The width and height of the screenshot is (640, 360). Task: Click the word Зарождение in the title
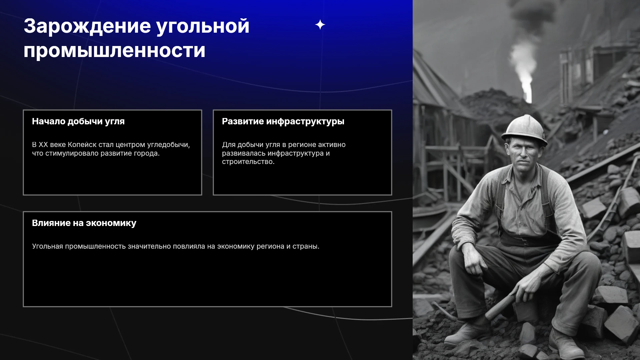pyautogui.click(x=87, y=26)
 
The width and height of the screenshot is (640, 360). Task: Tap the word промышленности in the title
pyautogui.click(x=114, y=51)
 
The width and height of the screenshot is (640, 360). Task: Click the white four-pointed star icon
pyautogui.click(x=320, y=25)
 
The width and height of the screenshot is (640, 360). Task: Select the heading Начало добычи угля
pyautogui.click(x=78, y=122)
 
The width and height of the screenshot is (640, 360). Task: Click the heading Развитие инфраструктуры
pyautogui.click(x=283, y=122)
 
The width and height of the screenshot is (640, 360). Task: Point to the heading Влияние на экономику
pyautogui.click(x=84, y=223)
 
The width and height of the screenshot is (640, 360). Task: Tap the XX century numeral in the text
pyautogui.click(x=43, y=145)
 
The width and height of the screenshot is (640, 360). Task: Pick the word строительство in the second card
pyautogui.click(x=248, y=162)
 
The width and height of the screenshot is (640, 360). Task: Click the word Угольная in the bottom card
pyautogui.click(x=47, y=246)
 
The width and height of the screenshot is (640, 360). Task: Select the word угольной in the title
pyautogui.click(x=203, y=27)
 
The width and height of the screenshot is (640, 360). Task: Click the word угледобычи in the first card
pyautogui.click(x=170, y=145)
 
